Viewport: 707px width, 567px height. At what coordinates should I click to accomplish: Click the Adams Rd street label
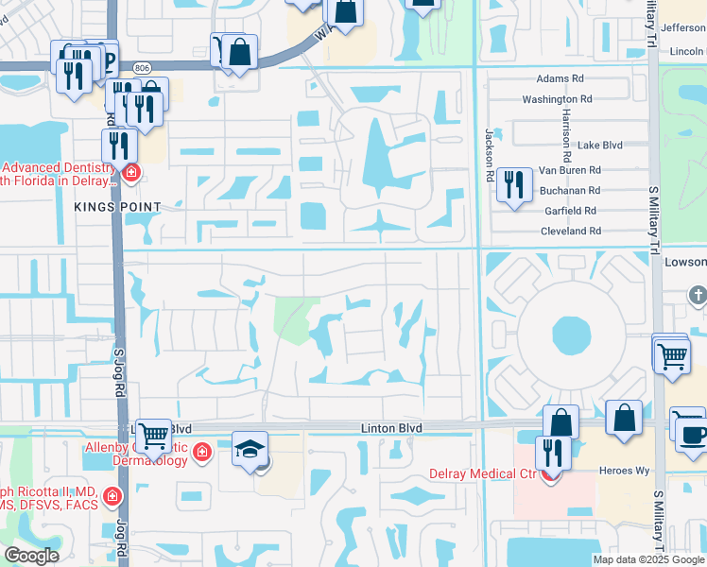(x=560, y=79)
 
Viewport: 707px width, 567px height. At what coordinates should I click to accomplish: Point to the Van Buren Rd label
(x=570, y=171)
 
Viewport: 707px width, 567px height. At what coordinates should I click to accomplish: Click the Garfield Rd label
(x=570, y=211)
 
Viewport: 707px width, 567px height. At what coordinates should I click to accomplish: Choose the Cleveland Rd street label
(x=571, y=231)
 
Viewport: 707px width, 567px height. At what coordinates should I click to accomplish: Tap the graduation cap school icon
(x=250, y=449)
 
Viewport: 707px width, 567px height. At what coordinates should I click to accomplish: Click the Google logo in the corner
(x=30, y=556)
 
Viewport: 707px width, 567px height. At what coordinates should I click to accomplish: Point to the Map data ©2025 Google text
(x=647, y=559)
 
